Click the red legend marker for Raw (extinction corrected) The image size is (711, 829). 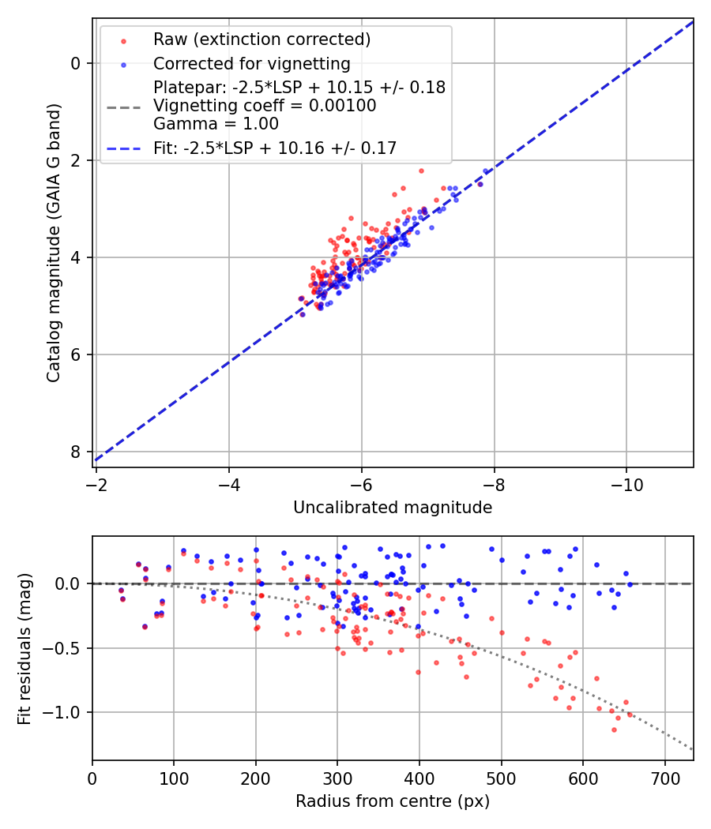123,39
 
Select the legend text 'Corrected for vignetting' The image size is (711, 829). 251,63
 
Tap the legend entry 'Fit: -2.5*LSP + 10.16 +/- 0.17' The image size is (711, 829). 275,148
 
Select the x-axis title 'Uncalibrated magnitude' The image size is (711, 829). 393,508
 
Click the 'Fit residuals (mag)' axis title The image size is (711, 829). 24,648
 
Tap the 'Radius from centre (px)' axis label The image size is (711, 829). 393,801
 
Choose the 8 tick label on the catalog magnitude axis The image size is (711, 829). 76,452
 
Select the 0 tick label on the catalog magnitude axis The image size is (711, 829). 76,63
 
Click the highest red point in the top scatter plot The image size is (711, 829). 421,171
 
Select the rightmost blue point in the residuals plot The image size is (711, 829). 630,584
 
